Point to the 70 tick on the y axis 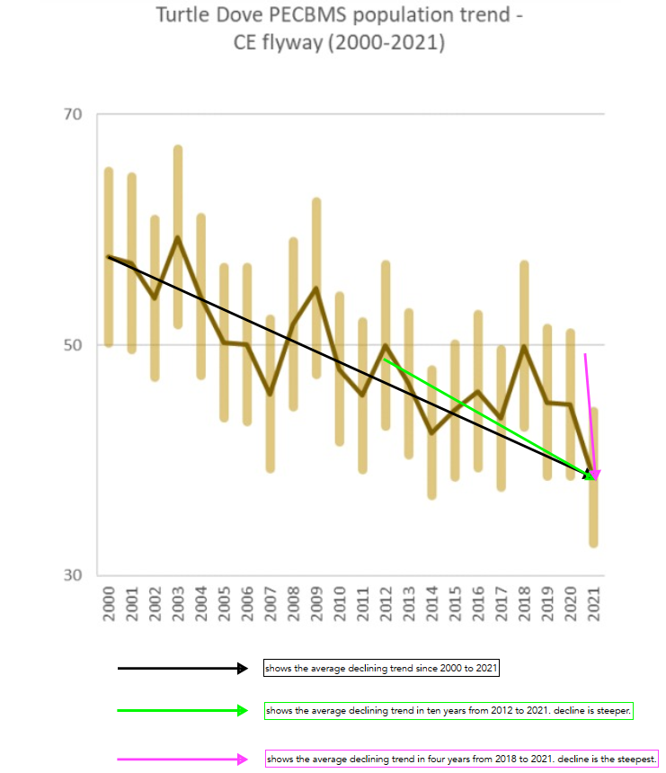tap(73, 115)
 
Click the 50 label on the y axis tap(73, 345)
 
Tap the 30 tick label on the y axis tap(73, 576)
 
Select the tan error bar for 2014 tap(432, 432)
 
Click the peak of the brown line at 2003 tap(178, 237)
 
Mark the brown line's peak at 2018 tap(524, 346)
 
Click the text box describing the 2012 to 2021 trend tap(448, 711)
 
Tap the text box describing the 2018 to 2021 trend tap(462, 759)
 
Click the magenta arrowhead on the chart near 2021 tap(594, 474)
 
